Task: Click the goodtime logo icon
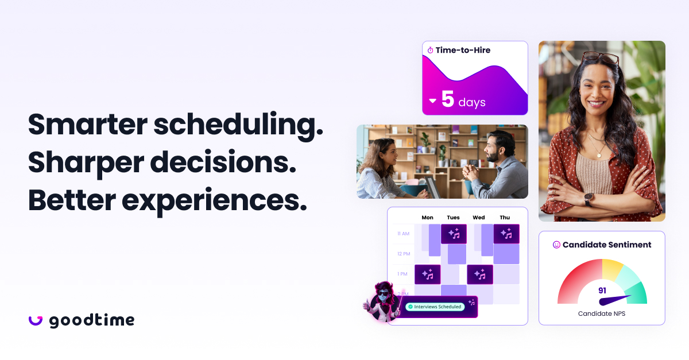coord(36,320)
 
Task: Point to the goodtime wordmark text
coord(92,320)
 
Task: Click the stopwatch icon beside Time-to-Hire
coord(430,51)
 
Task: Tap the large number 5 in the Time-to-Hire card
coord(448,99)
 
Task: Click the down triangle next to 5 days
coord(433,102)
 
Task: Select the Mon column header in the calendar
coord(427,218)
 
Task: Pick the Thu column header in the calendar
coord(505,218)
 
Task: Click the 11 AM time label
coord(403,234)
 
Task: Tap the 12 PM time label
coord(403,254)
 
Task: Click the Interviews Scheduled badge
coord(435,307)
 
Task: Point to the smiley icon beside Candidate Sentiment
coord(556,245)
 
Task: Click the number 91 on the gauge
coord(602,291)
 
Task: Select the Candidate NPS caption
coord(602,313)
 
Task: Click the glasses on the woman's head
coord(600,59)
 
